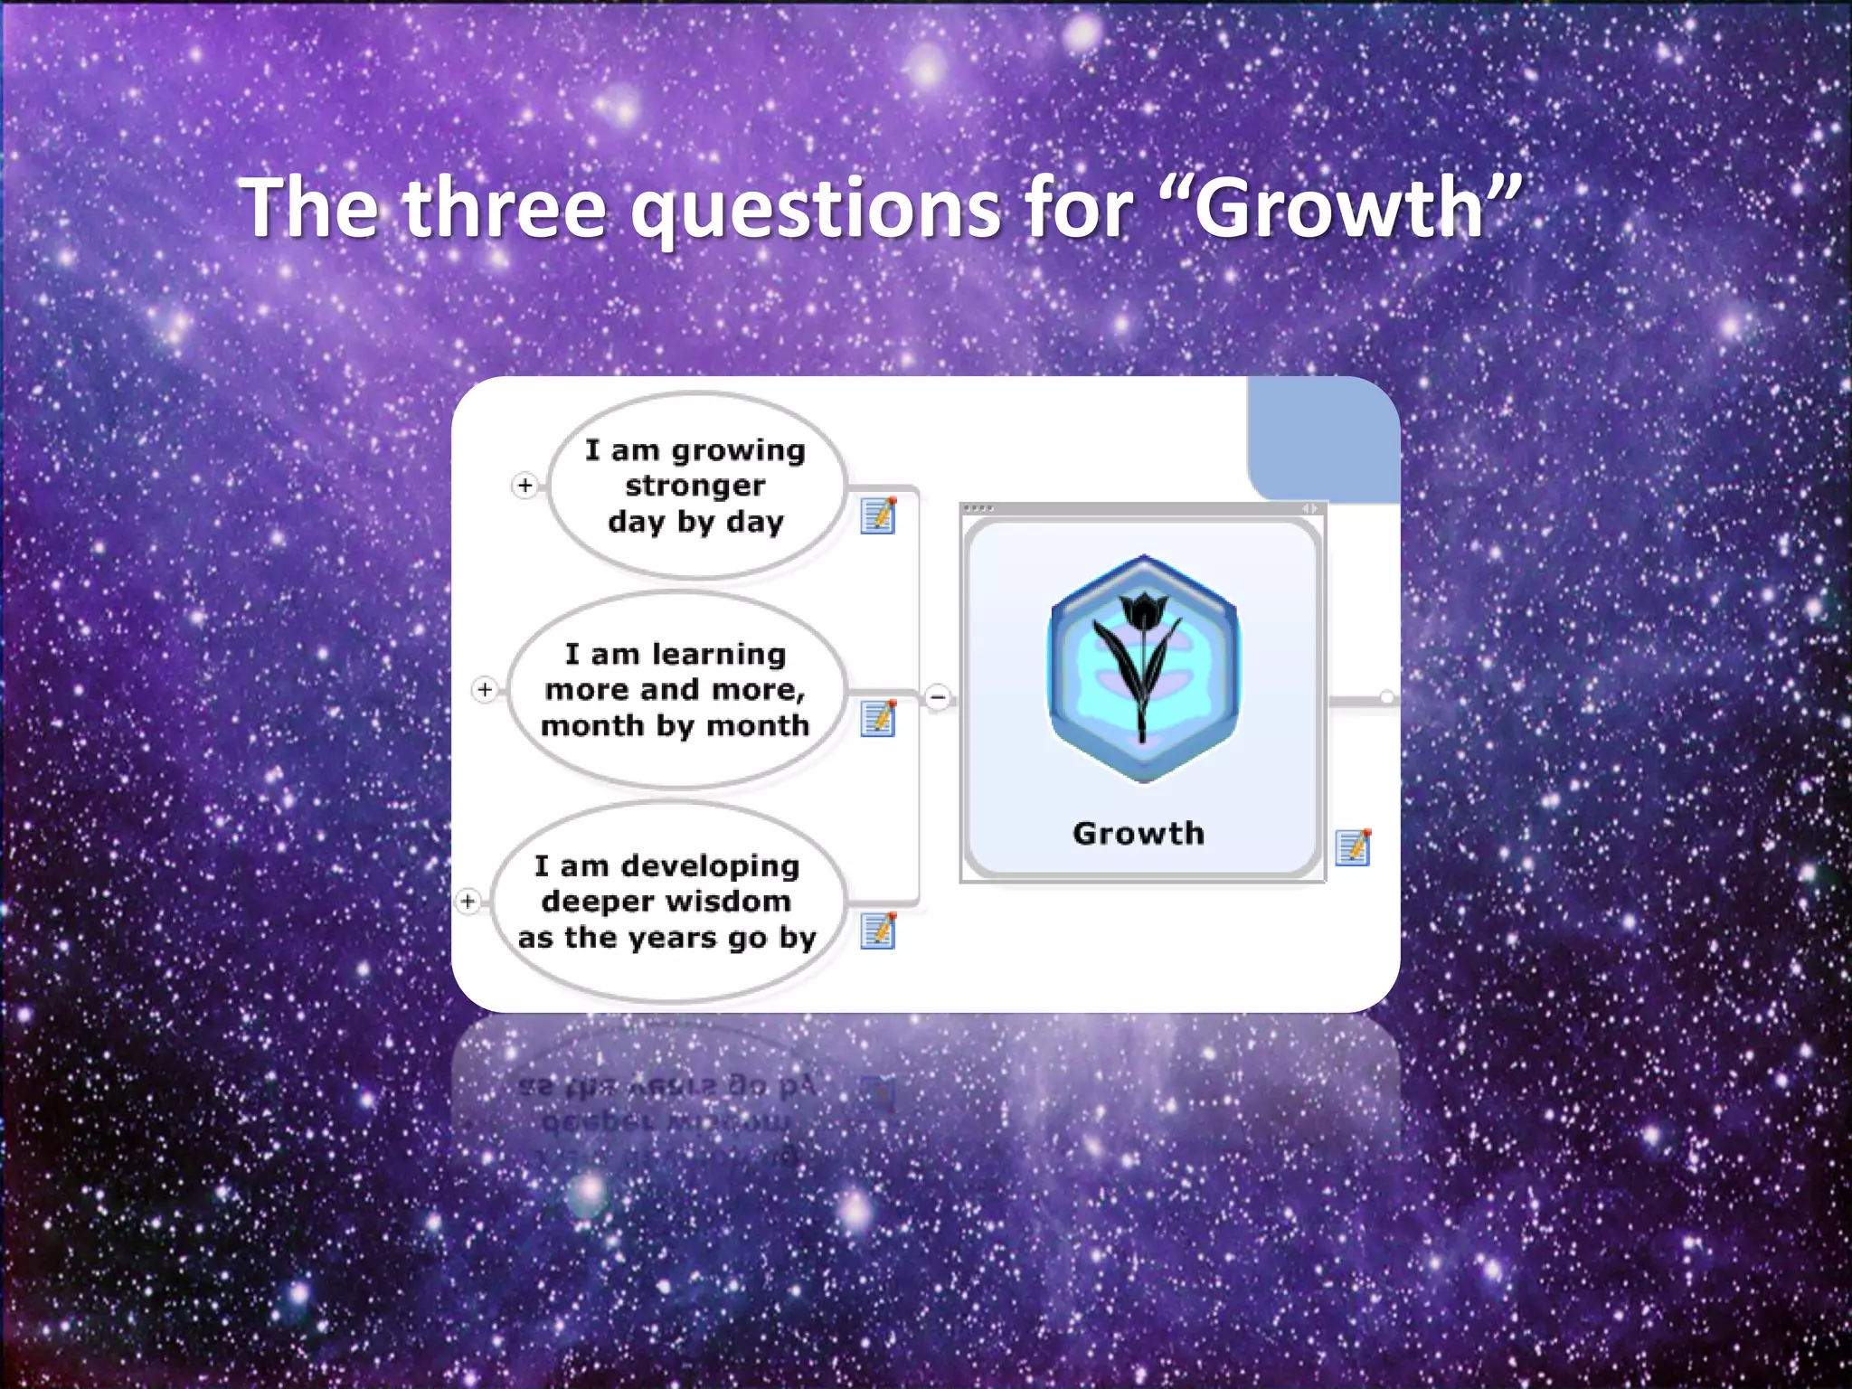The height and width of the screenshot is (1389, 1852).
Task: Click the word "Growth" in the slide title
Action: pos(1338,208)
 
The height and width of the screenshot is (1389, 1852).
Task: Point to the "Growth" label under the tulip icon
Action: pos(1139,833)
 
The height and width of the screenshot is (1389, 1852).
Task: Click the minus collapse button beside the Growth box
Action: pos(939,697)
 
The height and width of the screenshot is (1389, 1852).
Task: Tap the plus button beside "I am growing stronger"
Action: pos(525,486)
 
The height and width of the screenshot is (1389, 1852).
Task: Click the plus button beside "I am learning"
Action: pos(485,690)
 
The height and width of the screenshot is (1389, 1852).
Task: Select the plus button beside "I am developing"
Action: pos(468,902)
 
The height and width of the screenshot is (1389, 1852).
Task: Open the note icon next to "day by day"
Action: pos(878,515)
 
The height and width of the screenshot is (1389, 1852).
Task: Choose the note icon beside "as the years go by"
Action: pos(878,931)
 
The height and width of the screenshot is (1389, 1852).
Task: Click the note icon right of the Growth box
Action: pos(1353,847)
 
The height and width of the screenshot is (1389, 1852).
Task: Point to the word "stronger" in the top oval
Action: pos(694,486)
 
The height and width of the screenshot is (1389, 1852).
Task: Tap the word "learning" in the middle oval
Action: pos(719,653)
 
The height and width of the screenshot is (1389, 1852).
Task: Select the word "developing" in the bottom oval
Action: pos(710,865)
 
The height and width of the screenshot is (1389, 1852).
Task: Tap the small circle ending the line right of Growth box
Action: pos(1386,697)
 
